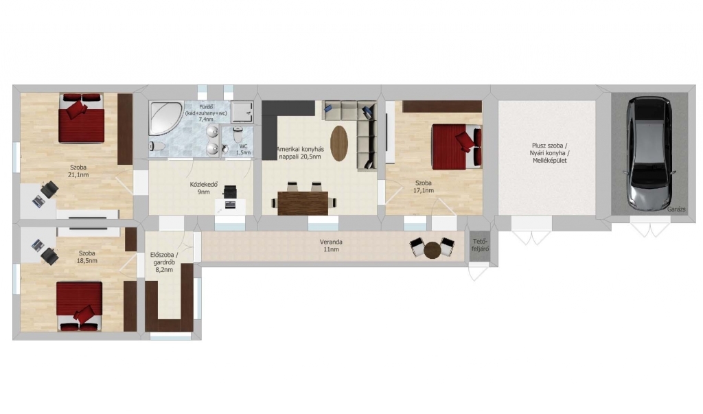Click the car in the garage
coord(649,154)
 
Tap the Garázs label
coord(676,209)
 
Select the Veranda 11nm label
coord(331,245)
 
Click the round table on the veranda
coord(433,251)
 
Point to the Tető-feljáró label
coord(479,245)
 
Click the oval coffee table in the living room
coord(339,143)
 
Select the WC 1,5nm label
coord(244,150)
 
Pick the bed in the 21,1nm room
coord(81,117)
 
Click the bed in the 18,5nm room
coord(79,306)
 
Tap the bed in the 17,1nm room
coord(457,147)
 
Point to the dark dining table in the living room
coord(303,203)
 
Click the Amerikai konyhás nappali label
coord(299,153)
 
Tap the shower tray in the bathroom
coord(242,111)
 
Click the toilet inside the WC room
coord(237,134)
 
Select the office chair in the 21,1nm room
coord(49,189)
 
